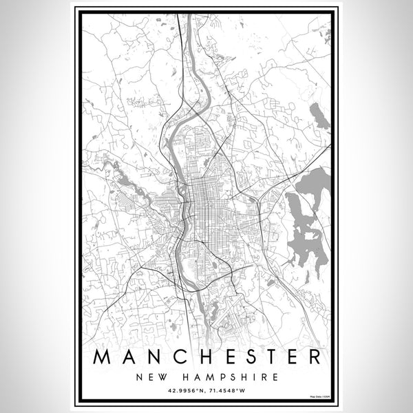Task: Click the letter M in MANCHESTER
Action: coord(103,358)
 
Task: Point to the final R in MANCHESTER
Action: coord(313,358)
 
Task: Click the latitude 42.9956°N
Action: coord(184,392)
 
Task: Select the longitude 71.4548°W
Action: coord(229,392)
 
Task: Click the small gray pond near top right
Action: coord(319,117)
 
